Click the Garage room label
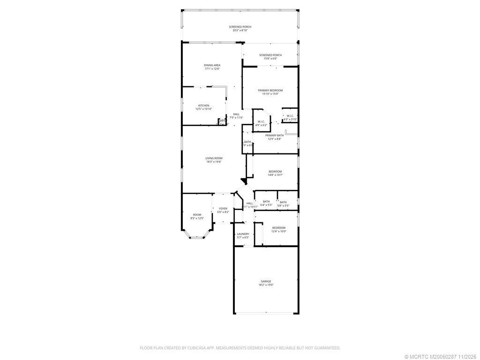coord(266,281)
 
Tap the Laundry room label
coord(243,234)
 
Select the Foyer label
coord(223,209)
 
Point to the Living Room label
coord(214,158)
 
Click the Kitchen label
coord(203,105)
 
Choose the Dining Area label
coord(212,65)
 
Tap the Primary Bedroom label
coord(270,90)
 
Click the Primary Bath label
coord(275,135)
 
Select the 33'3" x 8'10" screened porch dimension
coord(240,30)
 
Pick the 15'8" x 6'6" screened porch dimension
coord(270,59)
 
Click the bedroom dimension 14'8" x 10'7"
coord(275,175)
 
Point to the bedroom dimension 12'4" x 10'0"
coord(278,231)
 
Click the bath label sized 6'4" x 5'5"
coord(266,205)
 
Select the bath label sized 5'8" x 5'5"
coord(283,206)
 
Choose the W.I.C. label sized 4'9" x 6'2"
coord(261,125)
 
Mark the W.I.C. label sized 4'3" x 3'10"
coord(290,120)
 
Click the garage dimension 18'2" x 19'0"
coord(266,285)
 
